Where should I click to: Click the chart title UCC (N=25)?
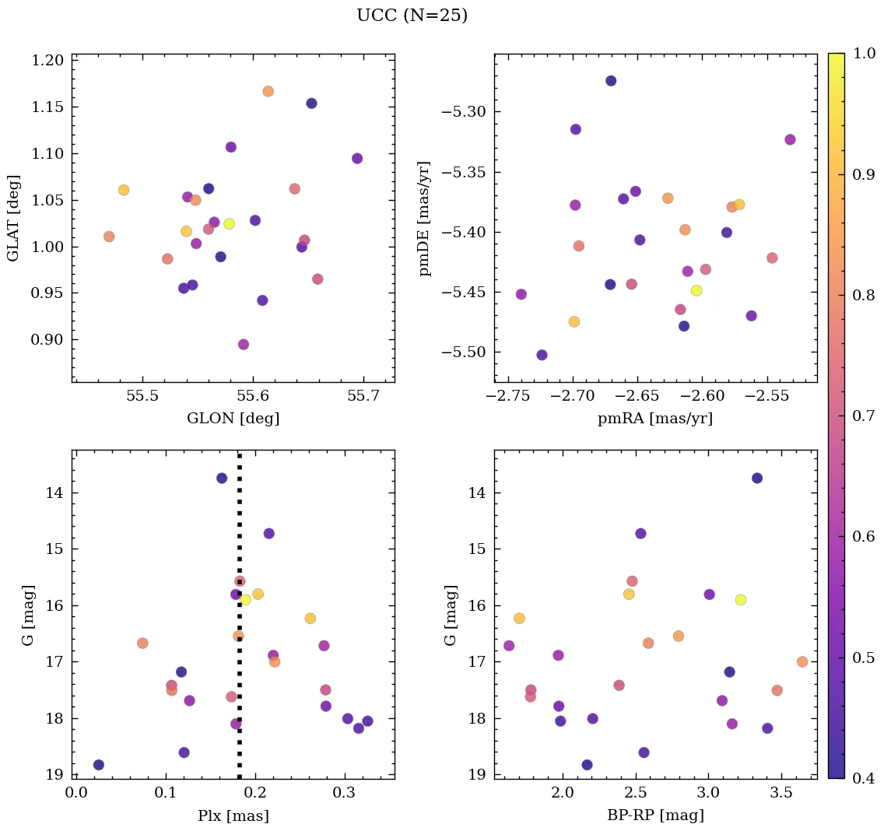pos(412,16)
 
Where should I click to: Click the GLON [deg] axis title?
pos(233,419)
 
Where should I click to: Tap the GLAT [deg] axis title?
pos(13,218)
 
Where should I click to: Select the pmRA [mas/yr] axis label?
pos(654,419)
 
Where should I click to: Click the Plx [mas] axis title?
pos(233,815)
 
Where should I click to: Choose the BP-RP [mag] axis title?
pos(654,815)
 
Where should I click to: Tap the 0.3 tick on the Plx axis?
pos(344,793)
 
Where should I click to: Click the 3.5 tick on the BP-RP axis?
pos(781,793)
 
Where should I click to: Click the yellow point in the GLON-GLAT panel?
pos(229,224)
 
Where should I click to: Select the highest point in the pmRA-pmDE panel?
pos(611,81)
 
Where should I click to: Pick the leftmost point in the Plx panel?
pos(99,765)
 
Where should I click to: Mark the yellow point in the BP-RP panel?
pos(740,600)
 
